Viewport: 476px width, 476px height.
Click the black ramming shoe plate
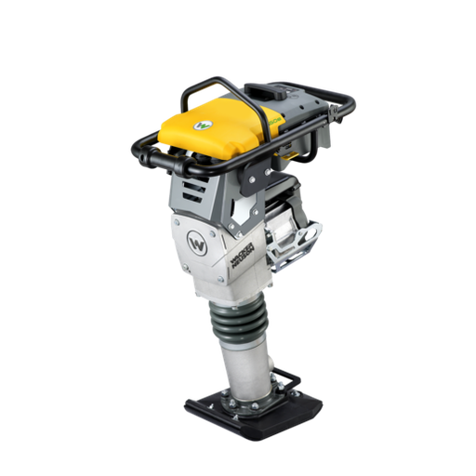point(244,409)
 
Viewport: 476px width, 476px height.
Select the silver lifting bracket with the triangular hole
point(308,237)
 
